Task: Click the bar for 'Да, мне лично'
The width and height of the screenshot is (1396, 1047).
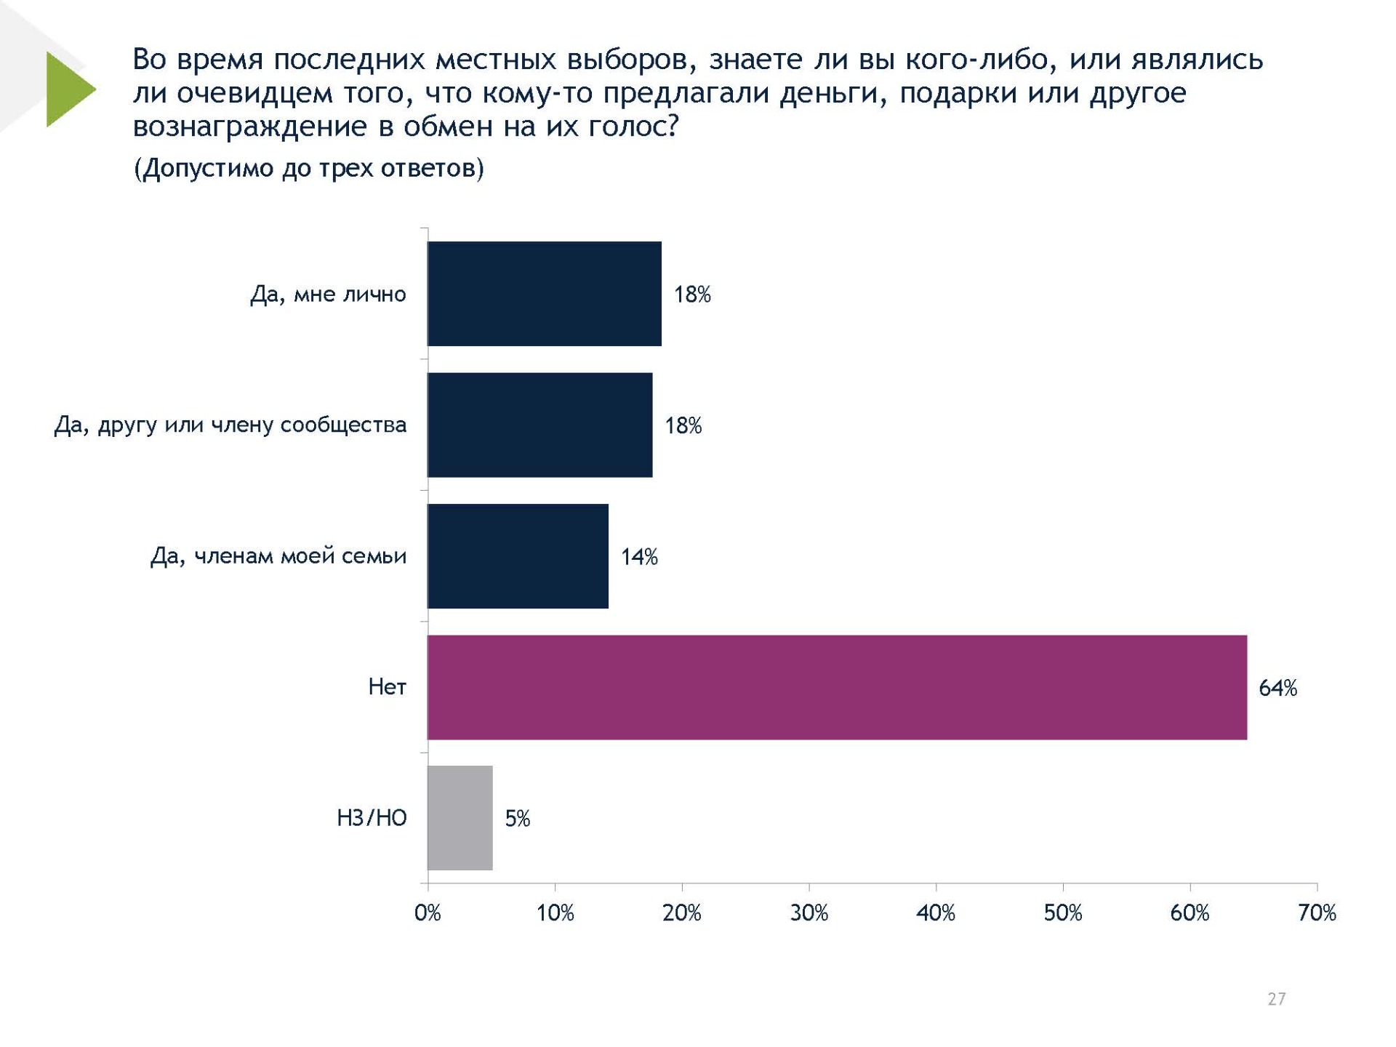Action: (544, 294)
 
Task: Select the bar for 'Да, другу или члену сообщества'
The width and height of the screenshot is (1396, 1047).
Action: (539, 425)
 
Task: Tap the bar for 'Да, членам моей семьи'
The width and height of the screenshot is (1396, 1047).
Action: (518, 556)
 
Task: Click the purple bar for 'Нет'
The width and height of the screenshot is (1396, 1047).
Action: (836, 687)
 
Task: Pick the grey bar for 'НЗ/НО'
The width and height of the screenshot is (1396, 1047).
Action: (460, 818)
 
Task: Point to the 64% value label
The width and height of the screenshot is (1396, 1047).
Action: (1277, 688)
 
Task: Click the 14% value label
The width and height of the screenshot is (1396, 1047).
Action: (639, 557)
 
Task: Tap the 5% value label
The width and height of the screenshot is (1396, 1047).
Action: (517, 819)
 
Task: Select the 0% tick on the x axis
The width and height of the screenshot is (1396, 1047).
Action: (428, 913)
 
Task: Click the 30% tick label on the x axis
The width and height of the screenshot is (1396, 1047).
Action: (809, 913)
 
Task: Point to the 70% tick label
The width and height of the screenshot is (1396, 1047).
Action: (1317, 913)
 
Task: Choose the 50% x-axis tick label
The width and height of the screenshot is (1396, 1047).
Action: (1063, 913)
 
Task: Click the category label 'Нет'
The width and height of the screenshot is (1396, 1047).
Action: (387, 687)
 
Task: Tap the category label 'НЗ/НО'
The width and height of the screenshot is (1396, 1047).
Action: (372, 818)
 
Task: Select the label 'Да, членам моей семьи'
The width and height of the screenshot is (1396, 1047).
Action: (278, 556)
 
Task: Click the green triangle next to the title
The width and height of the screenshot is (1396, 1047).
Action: (68, 89)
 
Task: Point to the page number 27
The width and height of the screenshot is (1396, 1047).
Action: (1276, 999)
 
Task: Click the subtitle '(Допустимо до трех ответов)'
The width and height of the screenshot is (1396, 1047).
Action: (308, 169)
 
